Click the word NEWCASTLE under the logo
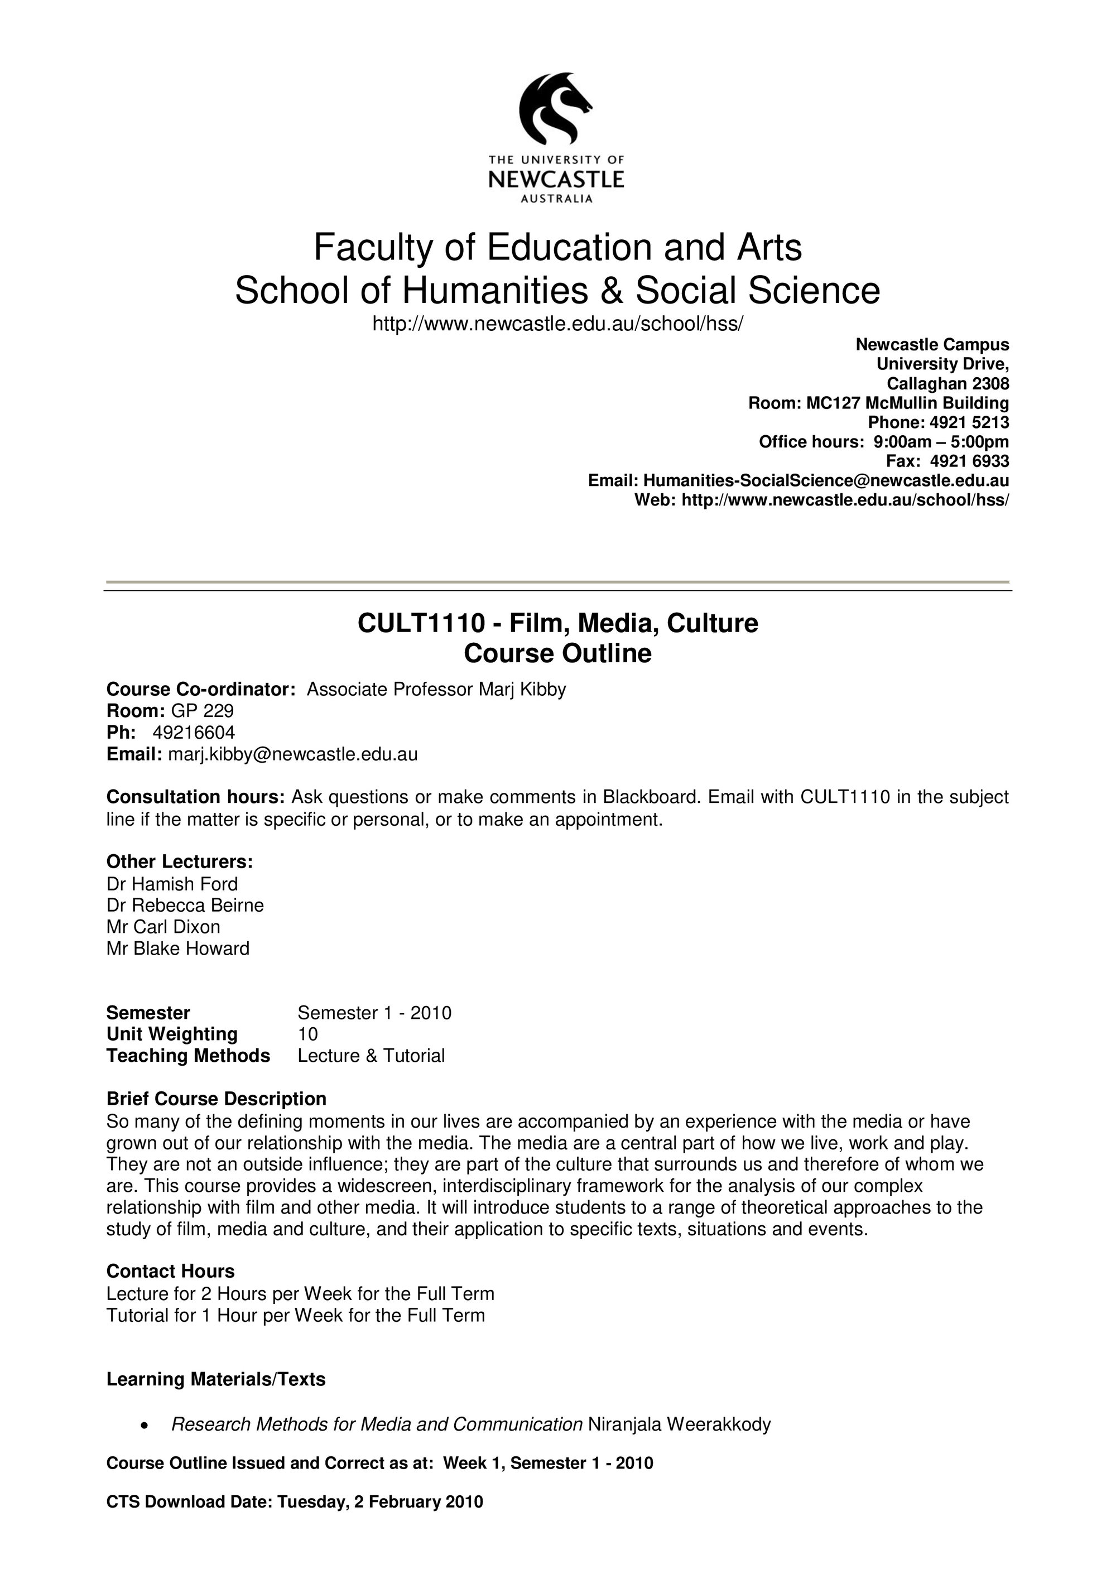[556, 180]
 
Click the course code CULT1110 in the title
[421, 623]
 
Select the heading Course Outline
[557, 653]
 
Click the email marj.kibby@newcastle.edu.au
[293, 754]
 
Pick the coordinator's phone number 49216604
[194, 733]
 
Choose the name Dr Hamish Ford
[172, 884]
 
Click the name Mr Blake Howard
[177, 949]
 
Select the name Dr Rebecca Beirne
[185, 905]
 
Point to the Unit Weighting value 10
[307, 1034]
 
